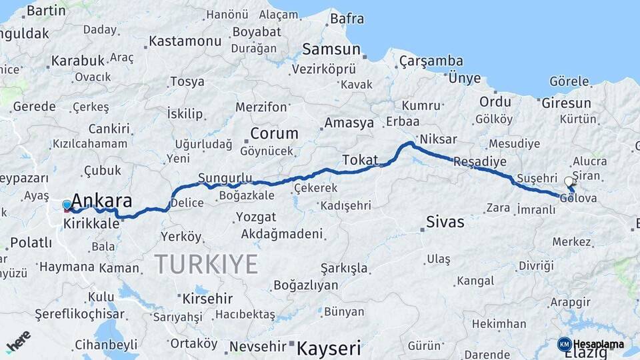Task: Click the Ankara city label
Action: (x=101, y=200)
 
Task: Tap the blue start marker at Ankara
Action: (x=67, y=205)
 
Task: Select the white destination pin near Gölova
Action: (x=569, y=181)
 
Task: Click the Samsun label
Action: (x=331, y=49)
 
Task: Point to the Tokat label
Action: (x=360, y=160)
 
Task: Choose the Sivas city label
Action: (x=445, y=222)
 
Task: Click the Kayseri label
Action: (x=329, y=347)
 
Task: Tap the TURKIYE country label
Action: (x=207, y=264)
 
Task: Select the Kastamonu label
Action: (x=185, y=41)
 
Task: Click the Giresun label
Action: (x=567, y=103)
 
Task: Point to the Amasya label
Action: (x=349, y=123)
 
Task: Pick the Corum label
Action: (x=274, y=133)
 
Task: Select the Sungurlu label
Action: (x=225, y=178)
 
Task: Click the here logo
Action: (x=18, y=340)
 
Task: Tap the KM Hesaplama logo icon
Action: (x=564, y=344)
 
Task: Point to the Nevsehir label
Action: (x=257, y=347)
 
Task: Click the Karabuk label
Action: (x=78, y=61)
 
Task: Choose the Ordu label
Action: (x=495, y=102)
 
